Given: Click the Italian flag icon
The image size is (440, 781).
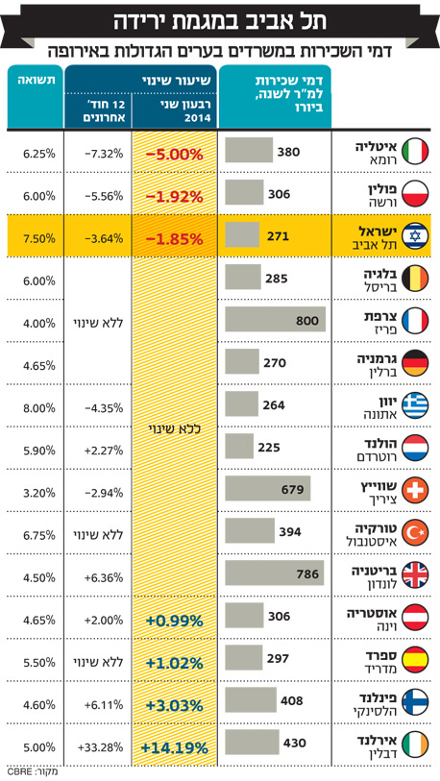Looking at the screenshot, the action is click(x=415, y=152).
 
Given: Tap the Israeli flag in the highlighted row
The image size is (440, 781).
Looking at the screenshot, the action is click(x=415, y=236).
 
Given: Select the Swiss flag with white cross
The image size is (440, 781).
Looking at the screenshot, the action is click(x=415, y=492).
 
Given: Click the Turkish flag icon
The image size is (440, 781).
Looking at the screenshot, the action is click(x=415, y=534).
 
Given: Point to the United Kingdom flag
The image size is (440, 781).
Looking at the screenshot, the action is click(x=415, y=576).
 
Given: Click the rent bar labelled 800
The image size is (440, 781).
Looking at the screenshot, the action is click(x=275, y=319).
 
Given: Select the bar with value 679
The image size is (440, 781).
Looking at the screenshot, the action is click(x=268, y=488).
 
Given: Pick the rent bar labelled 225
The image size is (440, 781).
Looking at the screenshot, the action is click(x=239, y=446).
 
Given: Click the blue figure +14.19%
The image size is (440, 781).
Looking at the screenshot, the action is click(x=175, y=748).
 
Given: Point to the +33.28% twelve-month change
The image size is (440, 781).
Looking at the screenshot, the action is click(x=100, y=747).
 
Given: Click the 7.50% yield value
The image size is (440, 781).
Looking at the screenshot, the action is click(x=38, y=238).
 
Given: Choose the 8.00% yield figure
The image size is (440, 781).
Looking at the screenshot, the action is click(x=38, y=408).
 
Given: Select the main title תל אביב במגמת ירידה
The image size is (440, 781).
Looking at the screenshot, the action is click(x=220, y=23).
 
